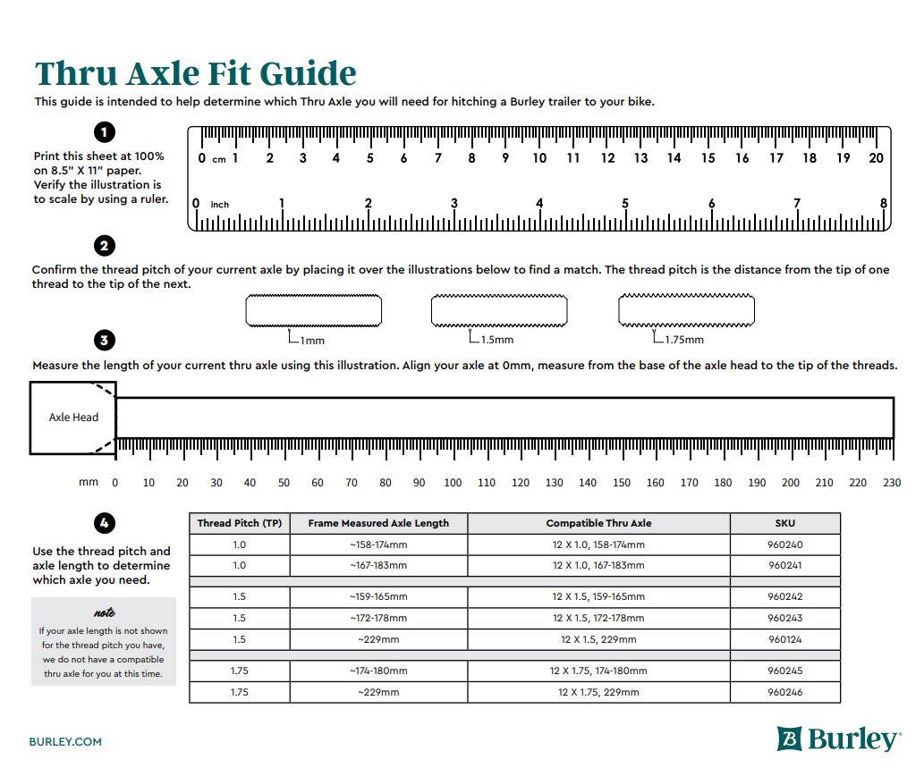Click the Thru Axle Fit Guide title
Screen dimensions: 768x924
tap(195, 73)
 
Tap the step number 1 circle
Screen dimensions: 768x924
tap(105, 133)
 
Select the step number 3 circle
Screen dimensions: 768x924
tap(105, 341)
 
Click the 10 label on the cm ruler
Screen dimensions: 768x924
tap(539, 158)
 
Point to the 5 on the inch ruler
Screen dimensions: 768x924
tap(625, 204)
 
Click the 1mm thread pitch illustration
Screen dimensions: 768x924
tap(313, 310)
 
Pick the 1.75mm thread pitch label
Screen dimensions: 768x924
tap(683, 340)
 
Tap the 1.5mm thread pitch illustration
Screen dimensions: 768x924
tap(499, 310)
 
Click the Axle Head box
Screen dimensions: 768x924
tap(73, 418)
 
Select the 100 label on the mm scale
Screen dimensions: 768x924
tap(453, 483)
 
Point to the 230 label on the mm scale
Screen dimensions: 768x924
tap(892, 483)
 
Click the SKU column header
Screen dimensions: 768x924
tap(784, 523)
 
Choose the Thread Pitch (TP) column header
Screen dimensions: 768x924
tap(239, 523)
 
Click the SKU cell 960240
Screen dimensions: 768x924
tap(784, 544)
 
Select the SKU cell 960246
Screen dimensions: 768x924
tap(784, 692)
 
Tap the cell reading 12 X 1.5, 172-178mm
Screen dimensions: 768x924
tap(598, 618)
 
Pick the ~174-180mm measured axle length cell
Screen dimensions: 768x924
tap(378, 671)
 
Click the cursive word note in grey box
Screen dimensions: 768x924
tap(104, 613)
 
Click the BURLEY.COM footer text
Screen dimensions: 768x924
tap(65, 741)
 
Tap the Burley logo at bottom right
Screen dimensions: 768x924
tap(838, 738)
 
